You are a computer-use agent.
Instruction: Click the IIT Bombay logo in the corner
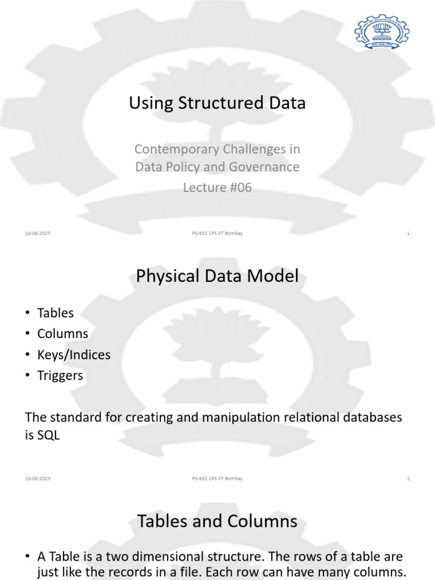[x=381, y=32]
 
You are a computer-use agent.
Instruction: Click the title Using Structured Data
[x=217, y=103]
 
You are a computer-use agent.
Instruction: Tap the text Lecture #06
[x=217, y=187]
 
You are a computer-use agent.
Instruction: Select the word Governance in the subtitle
[x=263, y=167]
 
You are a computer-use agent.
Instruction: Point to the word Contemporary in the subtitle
[x=170, y=150]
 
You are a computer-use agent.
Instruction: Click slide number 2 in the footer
[x=408, y=479]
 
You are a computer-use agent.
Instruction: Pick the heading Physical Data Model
[x=217, y=276]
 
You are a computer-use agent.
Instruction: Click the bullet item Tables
[x=56, y=313]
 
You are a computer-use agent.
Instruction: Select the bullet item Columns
[x=62, y=334]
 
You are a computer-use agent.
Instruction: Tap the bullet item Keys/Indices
[x=74, y=355]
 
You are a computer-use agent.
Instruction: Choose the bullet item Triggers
[x=60, y=376]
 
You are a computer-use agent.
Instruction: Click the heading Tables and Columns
[x=217, y=521]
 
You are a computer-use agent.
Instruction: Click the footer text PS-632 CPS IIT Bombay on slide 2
[x=217, y=479]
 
